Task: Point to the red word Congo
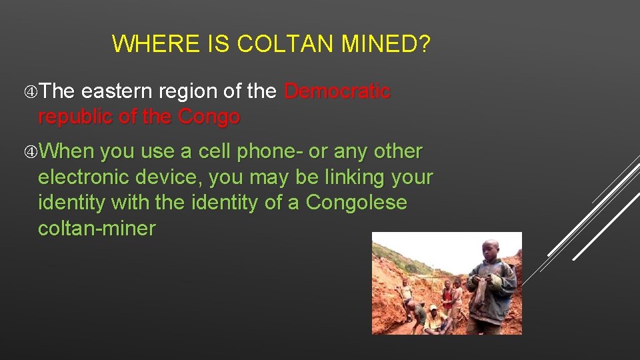point(209,117)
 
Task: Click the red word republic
point(78,117)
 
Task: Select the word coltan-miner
point(97,228)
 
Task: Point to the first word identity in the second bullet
point(71,203)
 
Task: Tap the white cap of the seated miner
point(435,308)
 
